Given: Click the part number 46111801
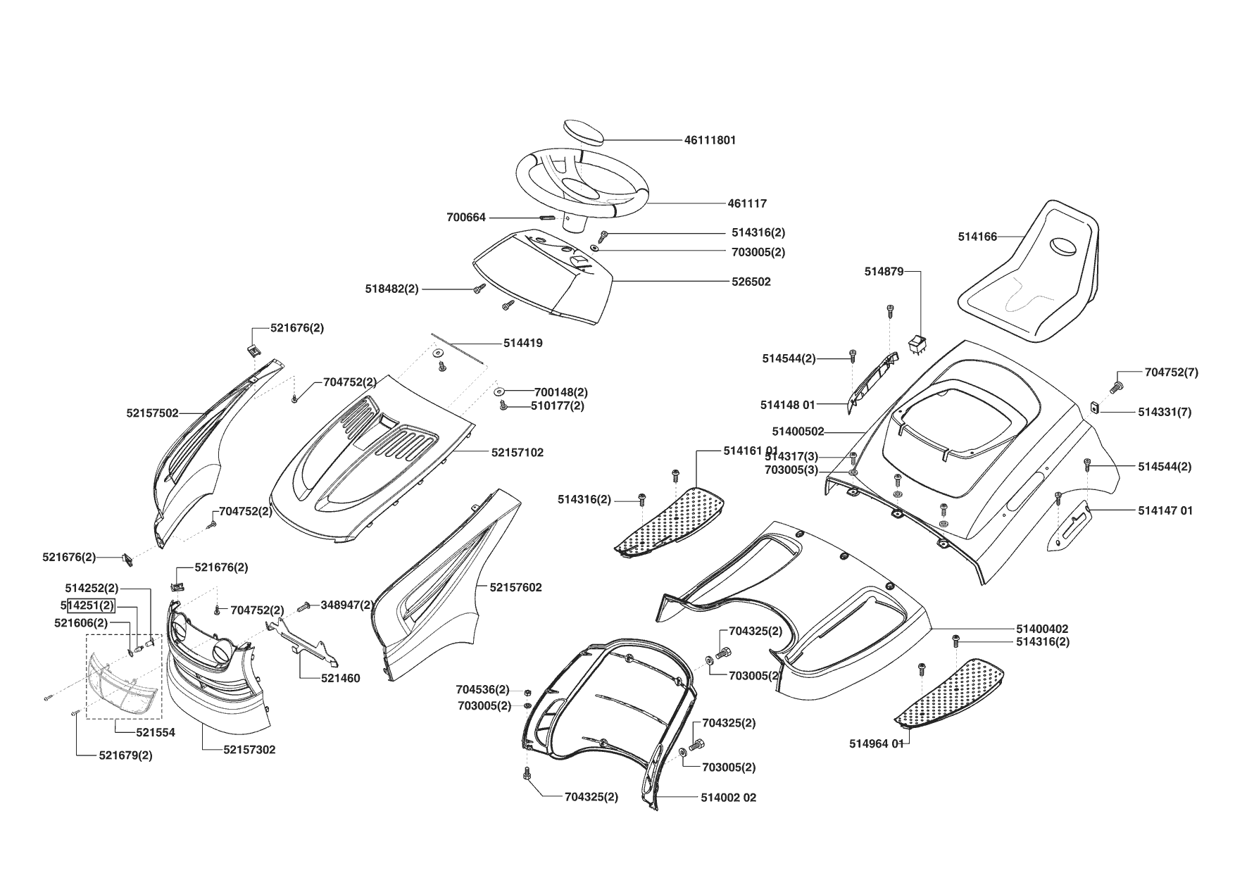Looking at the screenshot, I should [x=710, y=140].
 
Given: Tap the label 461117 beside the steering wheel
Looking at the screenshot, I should [x=747, y=203].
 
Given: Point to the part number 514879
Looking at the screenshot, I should [x=884, y=272].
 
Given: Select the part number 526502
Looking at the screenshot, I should [x=751, y=282].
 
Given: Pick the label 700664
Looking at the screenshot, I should [x=466, y=218].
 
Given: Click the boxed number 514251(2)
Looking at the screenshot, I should [x=90, y=605].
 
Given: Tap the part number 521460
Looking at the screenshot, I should [x=340, y=679].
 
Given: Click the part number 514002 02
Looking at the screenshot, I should [x=728, y=798].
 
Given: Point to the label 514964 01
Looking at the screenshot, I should [x=876, y=743].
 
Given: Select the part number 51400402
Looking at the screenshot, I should [x=1042, y=629].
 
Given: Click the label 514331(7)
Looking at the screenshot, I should [x=1164, y=413].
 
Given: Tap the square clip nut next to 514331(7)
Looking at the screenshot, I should [x=1095, y=407].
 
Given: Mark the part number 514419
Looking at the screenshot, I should [x=522, y=344].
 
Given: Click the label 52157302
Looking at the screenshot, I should [x=249, y=750].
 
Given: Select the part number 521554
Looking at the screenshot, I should [x=156, y=732].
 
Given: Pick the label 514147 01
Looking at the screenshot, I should [x=1165, y=510].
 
